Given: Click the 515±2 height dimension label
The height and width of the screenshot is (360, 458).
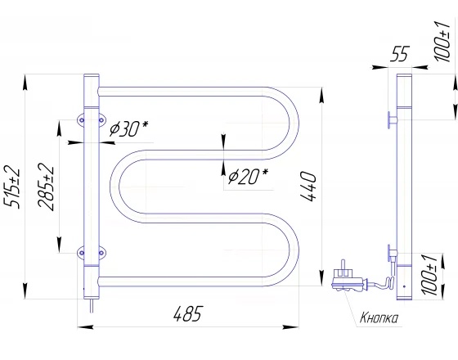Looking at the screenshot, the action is (12, 188).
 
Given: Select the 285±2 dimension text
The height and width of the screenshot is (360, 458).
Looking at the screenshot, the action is (46, 187).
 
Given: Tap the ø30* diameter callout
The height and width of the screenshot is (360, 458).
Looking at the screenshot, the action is (128, 129).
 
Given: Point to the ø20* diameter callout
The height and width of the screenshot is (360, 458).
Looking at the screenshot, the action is (248, 176).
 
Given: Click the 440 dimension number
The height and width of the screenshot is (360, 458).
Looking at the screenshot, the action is (308, 187).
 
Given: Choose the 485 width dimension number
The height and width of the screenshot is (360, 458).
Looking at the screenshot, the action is (188, 314).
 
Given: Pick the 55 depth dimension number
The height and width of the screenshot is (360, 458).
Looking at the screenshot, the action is (400, 53).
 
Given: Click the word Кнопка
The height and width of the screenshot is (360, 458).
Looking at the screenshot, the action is (379, 317).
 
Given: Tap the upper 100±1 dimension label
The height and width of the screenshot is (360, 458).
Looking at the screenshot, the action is (442, 41).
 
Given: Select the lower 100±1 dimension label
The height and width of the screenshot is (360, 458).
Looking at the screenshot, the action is (429, 275).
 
